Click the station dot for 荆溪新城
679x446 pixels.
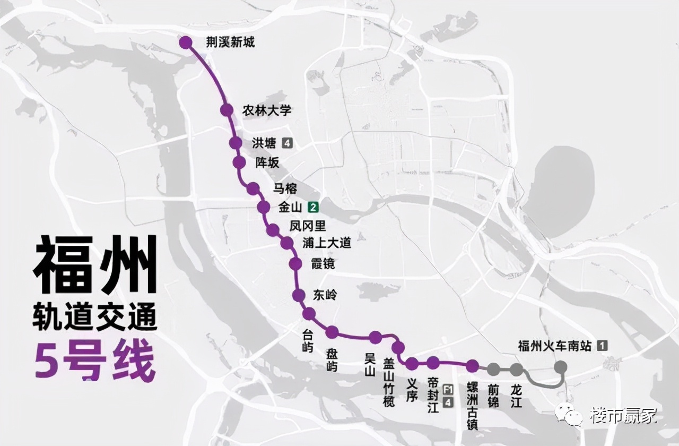(186, 42)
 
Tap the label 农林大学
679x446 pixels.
(267, 110)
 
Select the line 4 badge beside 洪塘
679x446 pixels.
(287, 143)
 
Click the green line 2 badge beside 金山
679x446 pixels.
(315, 207)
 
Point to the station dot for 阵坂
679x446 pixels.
(239, 162)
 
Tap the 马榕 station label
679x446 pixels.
(285, 188)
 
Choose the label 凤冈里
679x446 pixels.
(308, 226)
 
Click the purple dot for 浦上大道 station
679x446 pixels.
(286, 243)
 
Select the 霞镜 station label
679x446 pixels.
(323, 263)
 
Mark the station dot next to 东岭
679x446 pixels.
(299, 295)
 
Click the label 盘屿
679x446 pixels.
(332, 360)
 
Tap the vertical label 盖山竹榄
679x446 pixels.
(389, 382)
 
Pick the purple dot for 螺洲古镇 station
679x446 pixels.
(472, 365)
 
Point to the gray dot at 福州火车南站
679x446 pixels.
(560, 366)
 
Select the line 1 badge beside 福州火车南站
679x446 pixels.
(602, 346)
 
